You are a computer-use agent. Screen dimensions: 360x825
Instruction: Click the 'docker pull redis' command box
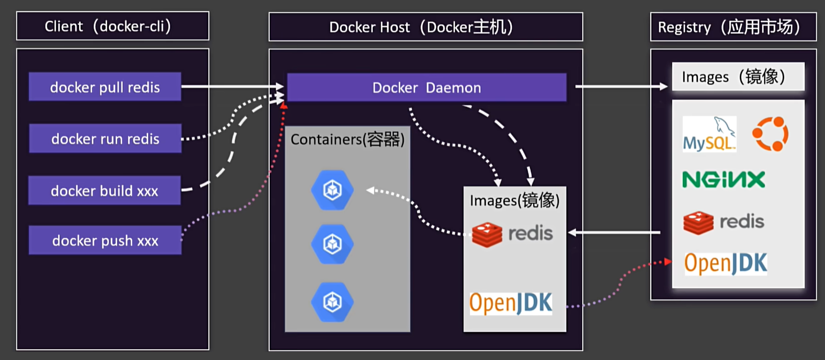(x=105, y=87)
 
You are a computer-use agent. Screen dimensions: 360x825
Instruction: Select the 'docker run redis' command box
(x=105, y=138)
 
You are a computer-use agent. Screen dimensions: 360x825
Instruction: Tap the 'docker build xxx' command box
(x=104, y=190)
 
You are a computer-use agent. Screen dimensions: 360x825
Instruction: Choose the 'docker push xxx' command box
(x=105, y=240)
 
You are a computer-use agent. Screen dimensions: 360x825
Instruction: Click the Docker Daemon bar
(x=427, y=87)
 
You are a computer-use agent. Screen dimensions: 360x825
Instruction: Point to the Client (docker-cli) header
(x=112, y=26)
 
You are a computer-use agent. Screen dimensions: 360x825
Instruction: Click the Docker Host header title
(x=426, y=27)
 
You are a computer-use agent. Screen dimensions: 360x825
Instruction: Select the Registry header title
(x=733, y=27)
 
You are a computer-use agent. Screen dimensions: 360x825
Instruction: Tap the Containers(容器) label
(x=347, y=139)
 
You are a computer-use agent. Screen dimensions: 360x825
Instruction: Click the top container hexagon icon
(x=333, y=190)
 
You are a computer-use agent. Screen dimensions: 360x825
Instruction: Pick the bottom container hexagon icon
(x=333, y=302)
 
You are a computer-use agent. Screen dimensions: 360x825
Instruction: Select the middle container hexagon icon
(x=333, y=244)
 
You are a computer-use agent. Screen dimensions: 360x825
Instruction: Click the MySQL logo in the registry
(x=710, y=134)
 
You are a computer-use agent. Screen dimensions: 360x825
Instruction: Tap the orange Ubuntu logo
(x=770, y=134)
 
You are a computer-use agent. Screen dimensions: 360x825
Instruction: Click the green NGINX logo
(x=724, y=179)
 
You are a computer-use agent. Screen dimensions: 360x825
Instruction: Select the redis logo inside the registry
(x=724, y=222)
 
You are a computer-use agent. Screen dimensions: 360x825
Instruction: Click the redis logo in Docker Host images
(x=512, y=234)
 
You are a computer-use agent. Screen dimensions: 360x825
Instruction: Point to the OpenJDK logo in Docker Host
(x=511, y=303)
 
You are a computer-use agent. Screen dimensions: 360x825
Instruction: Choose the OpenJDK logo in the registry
(x=726, y=263)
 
